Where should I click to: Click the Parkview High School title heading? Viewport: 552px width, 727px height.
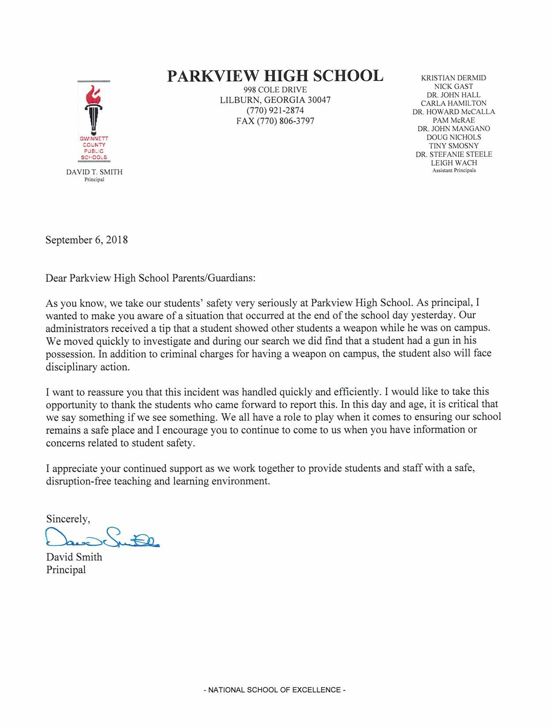[275, 76]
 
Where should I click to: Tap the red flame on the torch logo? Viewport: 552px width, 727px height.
[93, 94]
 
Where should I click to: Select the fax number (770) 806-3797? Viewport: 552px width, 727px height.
[275, 121]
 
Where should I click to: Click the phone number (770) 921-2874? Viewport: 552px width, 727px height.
[275, 110]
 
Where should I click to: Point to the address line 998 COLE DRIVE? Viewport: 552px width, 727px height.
[275, 90]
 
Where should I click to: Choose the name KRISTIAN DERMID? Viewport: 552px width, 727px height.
[454, 78]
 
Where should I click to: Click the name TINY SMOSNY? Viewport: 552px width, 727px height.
[454, 146]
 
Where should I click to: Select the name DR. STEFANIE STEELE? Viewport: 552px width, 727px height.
[454, 154]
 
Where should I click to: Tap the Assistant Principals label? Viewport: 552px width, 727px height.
[454, 170]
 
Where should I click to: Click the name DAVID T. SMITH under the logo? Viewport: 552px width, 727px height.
[94, 172]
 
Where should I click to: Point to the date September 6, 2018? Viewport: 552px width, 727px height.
[87, 240]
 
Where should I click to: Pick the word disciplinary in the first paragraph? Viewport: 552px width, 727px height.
[71, 367]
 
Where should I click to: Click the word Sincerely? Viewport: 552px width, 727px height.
[68, 519]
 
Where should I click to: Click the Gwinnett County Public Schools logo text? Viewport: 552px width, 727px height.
[93, 148]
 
